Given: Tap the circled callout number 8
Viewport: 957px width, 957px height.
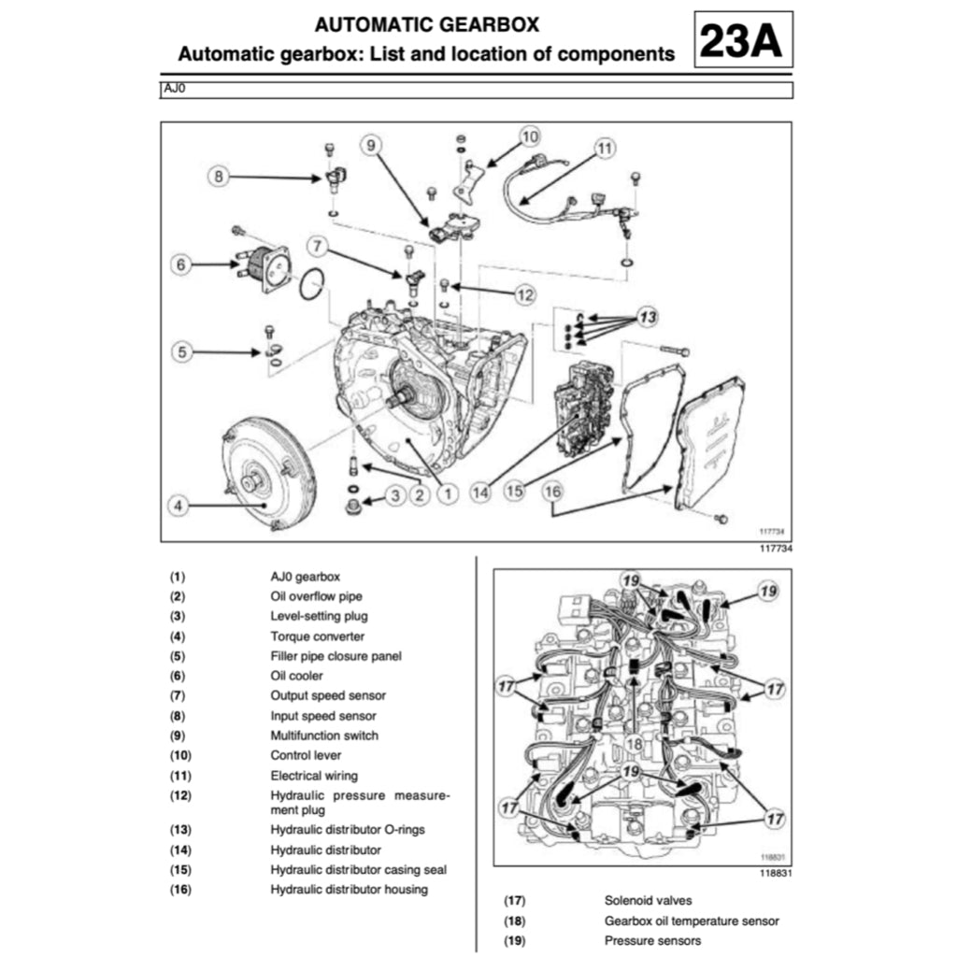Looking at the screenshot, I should tap(220, 175).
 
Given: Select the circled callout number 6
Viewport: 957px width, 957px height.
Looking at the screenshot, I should tap(182, 264).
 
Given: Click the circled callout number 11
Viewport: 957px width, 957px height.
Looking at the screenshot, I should tap(606, 148).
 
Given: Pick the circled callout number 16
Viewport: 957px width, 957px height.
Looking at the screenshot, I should tap(552, 490).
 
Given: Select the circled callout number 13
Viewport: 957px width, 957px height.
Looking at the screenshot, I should tap(648, 317).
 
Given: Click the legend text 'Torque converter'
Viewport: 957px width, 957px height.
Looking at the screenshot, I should tap(318, 636).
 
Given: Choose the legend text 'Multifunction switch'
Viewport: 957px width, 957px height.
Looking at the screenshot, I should tap(324, 736).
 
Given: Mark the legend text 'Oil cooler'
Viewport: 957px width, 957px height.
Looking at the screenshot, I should tap(297, 676).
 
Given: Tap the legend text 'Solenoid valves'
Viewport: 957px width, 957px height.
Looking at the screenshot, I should tap(648, 901).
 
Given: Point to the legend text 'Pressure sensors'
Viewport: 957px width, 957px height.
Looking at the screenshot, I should tap(652, 940).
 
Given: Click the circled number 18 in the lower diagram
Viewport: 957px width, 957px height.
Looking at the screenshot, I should tap(635, 743).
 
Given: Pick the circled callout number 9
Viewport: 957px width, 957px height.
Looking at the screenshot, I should tap(371, 145).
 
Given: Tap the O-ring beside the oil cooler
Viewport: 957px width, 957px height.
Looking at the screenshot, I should tap(312, 285).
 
